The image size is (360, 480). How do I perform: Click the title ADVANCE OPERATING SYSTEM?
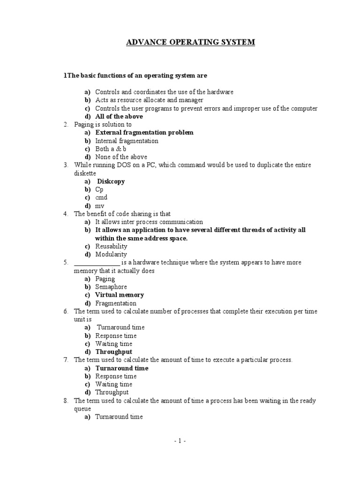(190, 42)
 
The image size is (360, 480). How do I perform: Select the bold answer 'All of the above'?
(119, 116)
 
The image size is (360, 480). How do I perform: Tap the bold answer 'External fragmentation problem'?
(144, 133)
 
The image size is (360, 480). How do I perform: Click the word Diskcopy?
(111, 181)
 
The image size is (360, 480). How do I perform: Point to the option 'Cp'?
(99, 189)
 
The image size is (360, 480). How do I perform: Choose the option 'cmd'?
(101, 198)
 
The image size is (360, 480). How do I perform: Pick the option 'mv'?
(100, 206)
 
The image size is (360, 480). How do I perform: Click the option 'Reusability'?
(111, 247)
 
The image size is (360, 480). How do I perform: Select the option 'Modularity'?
(111, 255)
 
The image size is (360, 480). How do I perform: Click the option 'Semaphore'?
(111, 287)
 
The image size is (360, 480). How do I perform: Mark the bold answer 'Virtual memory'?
(120, 295)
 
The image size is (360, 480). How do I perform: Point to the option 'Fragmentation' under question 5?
(116, 303)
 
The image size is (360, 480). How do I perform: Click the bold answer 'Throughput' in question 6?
(114, 352)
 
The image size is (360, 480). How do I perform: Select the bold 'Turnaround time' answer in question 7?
(122, 368)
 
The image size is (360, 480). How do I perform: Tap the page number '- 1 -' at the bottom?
(180, 441)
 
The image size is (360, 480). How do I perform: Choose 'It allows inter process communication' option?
(149, 222)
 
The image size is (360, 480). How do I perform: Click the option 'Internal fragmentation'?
(127, 141)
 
